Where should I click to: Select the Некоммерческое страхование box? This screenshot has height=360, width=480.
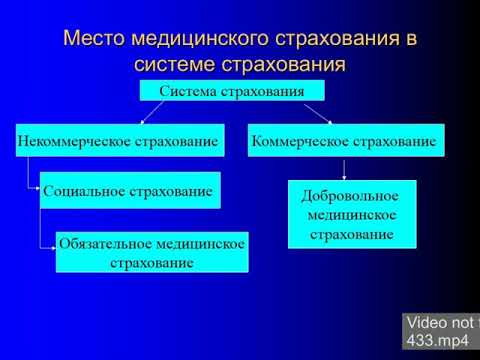click(118, 140)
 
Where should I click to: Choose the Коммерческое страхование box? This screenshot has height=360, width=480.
click(346, 140)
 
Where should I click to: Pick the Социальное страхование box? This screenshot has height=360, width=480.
click(130, 190)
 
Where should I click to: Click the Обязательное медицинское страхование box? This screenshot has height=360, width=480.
click(151, 253)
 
